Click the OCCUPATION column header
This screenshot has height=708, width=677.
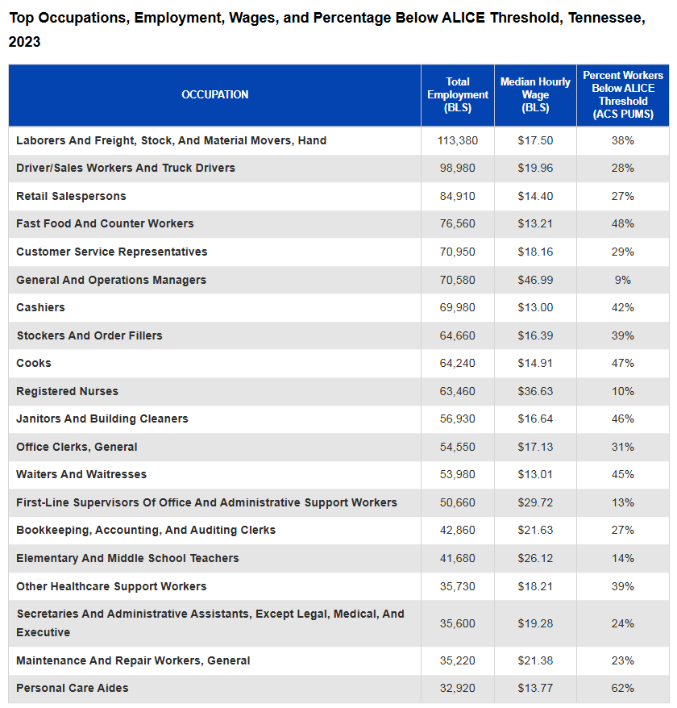click(x=215, y=94)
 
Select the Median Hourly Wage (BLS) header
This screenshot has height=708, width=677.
click(x=535, y=95)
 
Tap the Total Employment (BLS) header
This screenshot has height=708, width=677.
click(x=458, y=95)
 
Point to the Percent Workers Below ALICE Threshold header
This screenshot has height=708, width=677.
click(x=623, y=95)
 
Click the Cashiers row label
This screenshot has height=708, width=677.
click(x=40, y=307)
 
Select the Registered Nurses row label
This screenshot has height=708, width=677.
click(x=67, y=391)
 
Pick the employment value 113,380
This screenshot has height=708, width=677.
click(x=458, y=140)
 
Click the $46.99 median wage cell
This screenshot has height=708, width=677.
click(x=535, y=280)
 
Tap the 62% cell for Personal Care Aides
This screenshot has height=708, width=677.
click(x=623, y=688)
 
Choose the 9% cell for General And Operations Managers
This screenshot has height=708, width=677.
click(x=623, y=280)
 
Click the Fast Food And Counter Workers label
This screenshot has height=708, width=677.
click(x=105, y=223)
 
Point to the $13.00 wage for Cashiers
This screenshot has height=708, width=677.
click(x=535, y=307)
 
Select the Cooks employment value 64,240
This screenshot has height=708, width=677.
click(x=458, y=363)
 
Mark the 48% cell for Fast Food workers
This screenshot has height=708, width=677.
click(x=623, y=223)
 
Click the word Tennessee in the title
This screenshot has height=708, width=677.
click(x=607, y=18)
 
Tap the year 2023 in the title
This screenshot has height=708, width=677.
click(x=24, y=42)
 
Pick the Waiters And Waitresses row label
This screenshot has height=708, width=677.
click(x=81, y=475)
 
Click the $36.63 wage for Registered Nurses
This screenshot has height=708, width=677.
click(x=535, y=391)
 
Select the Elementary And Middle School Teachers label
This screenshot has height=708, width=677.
click(x=127, y=559)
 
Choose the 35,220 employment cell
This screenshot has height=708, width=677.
click(x=458, y=660)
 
